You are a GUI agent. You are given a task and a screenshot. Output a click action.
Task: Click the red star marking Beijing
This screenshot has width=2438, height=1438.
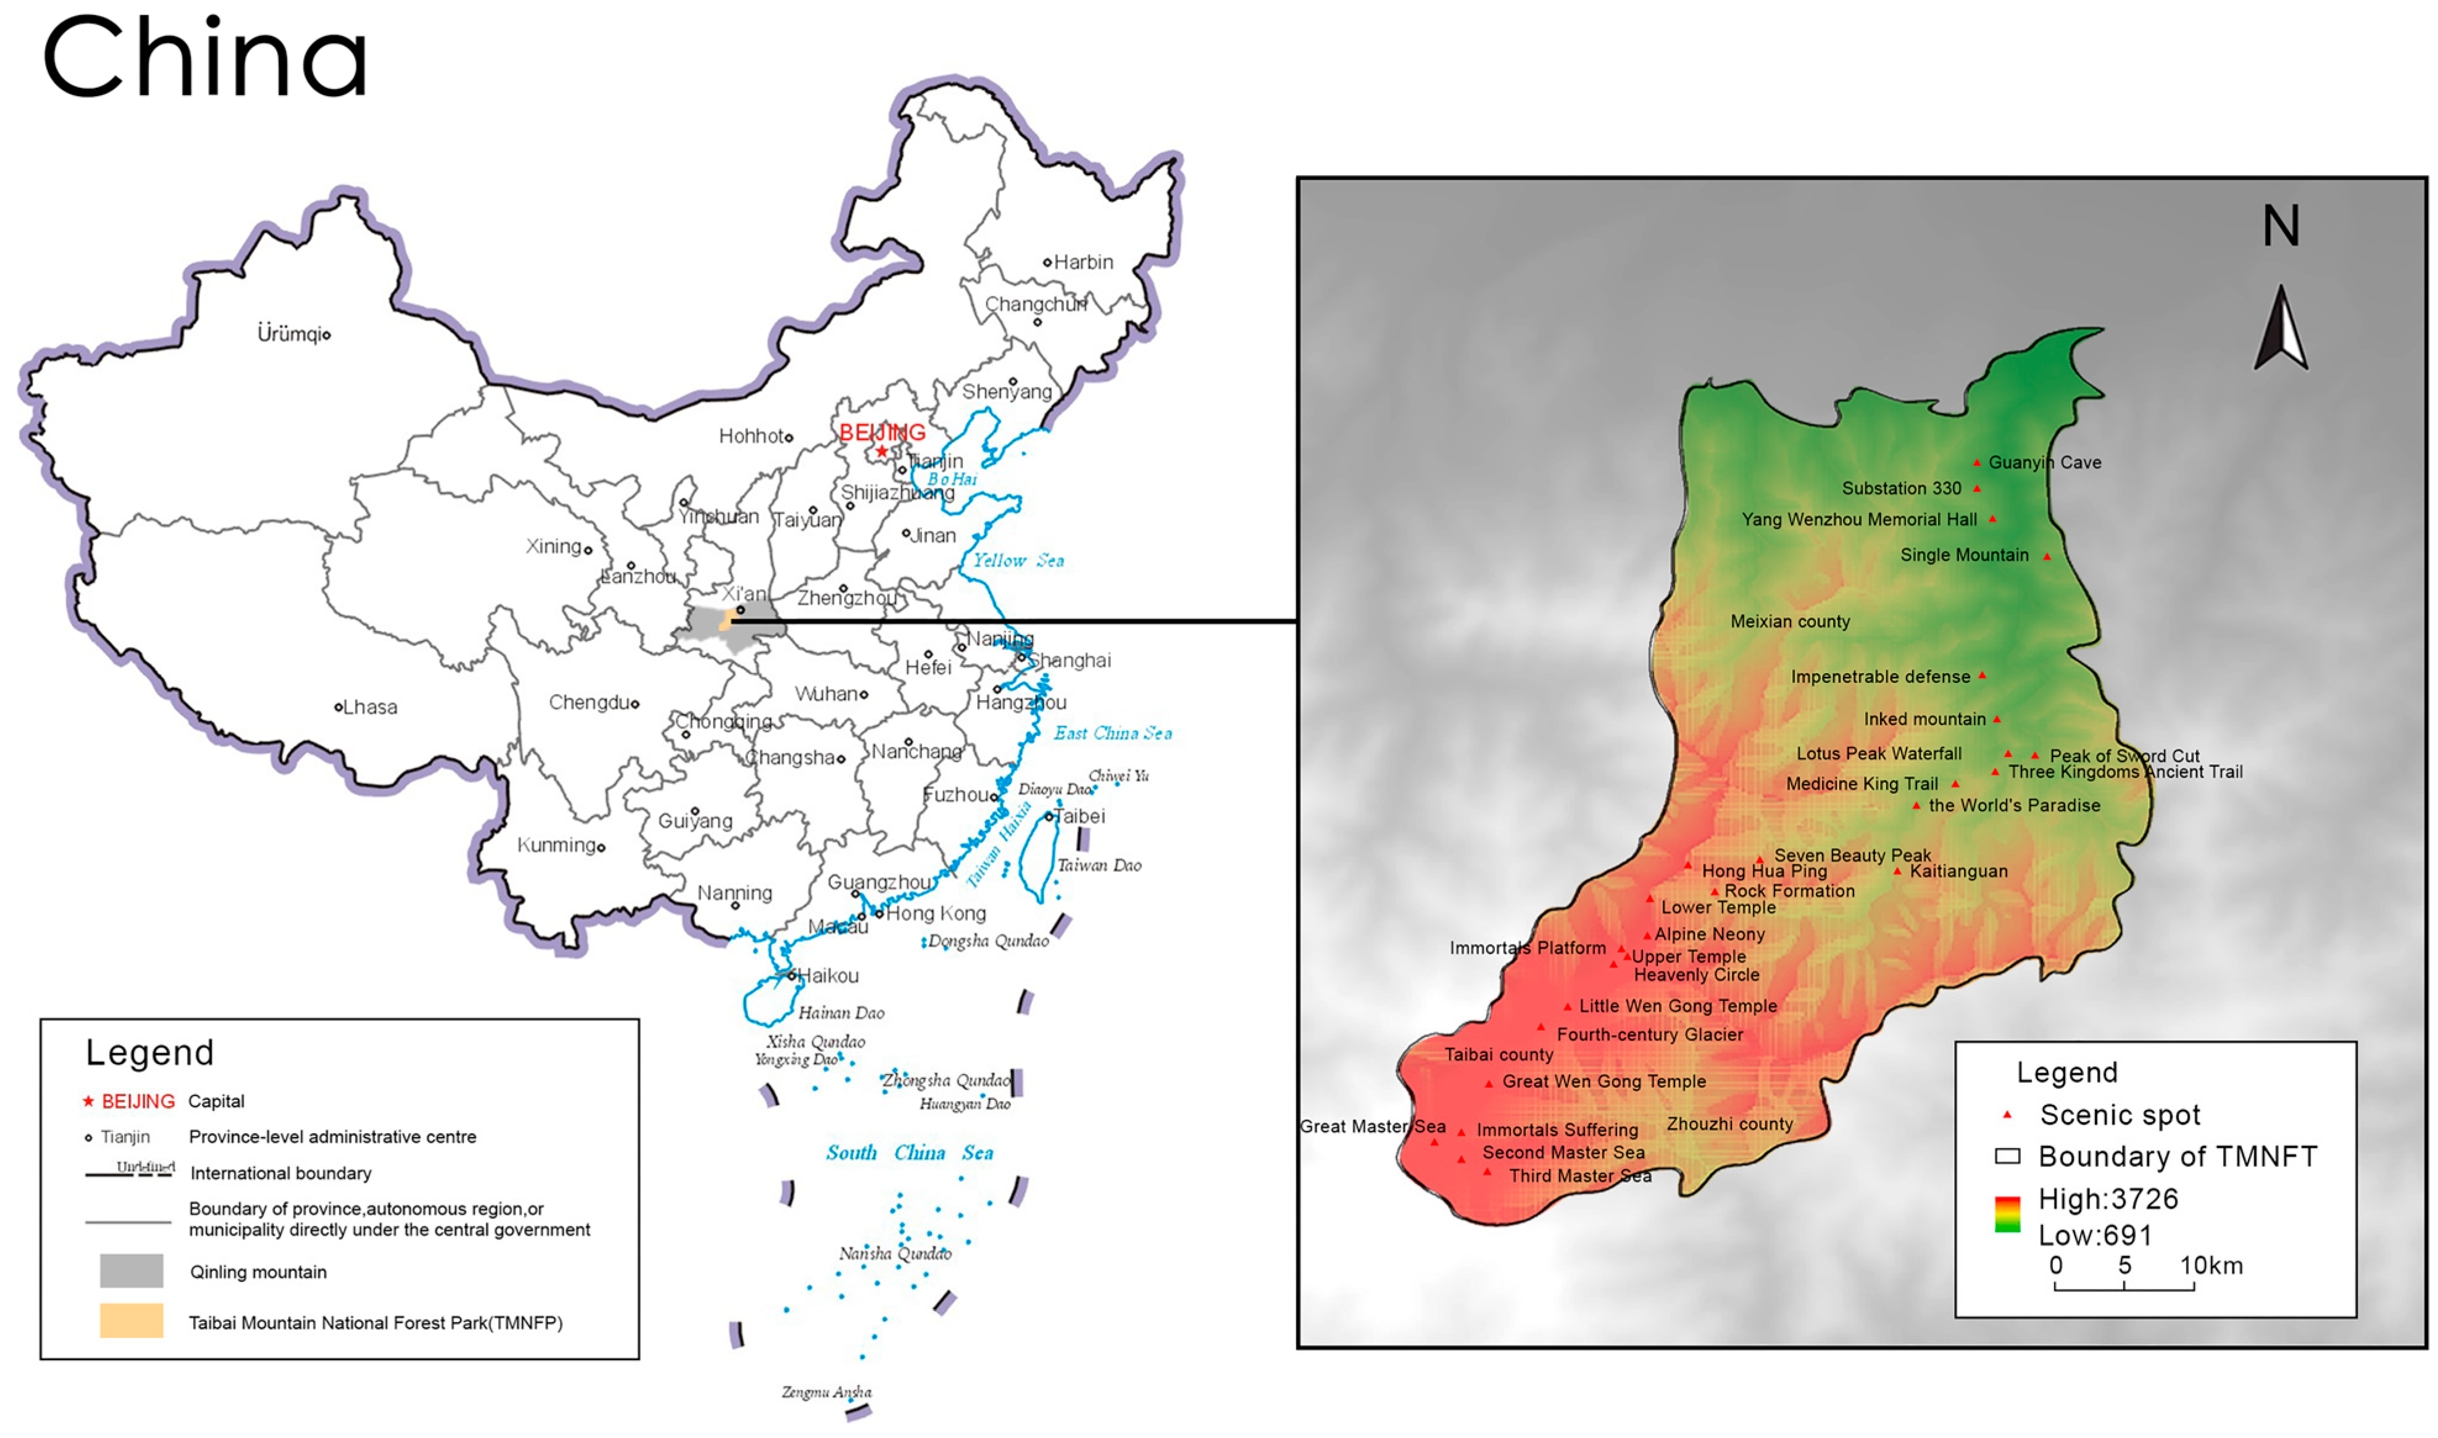pyautogui.click(x=881, y=452)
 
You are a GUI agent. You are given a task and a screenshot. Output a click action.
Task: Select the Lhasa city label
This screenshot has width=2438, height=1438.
pyautogui.click(x=369, y=708)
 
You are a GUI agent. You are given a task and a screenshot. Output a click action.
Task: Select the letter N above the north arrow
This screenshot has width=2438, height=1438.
pyautogui.click(x=2280, y=226)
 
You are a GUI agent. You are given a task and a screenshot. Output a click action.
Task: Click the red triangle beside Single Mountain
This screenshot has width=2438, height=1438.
pyautogui.click(x=2046, y=556)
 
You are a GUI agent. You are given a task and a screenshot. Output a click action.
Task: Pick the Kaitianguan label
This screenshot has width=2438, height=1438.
pyautogui.click(x=1958, y=871)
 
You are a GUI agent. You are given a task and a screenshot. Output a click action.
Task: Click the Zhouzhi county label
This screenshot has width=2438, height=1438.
pyautogui.click(x=1729, y=1124)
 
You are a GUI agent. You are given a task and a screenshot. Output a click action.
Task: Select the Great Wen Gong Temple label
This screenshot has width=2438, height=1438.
pyautogui.click(x=1604, y=1081)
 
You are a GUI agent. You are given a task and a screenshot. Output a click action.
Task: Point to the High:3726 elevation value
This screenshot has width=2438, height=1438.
pyautogui.click(x=2107, y=1200)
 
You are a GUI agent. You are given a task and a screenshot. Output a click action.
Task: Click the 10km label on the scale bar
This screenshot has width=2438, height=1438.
pyautogui.click(x=2211, y=1265)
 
